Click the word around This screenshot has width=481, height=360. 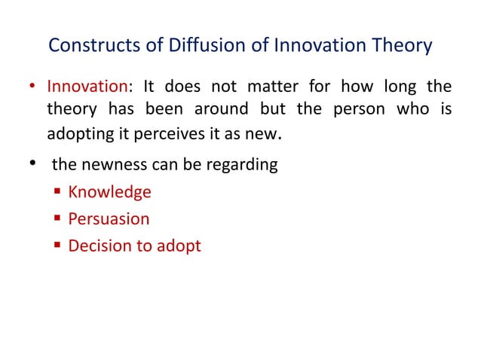coord(220,110)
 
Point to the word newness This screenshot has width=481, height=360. coord(112,164)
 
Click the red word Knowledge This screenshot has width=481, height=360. coord(109,192)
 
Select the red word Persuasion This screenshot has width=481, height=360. coord(109,218)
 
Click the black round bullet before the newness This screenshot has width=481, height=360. coord(33,164)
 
